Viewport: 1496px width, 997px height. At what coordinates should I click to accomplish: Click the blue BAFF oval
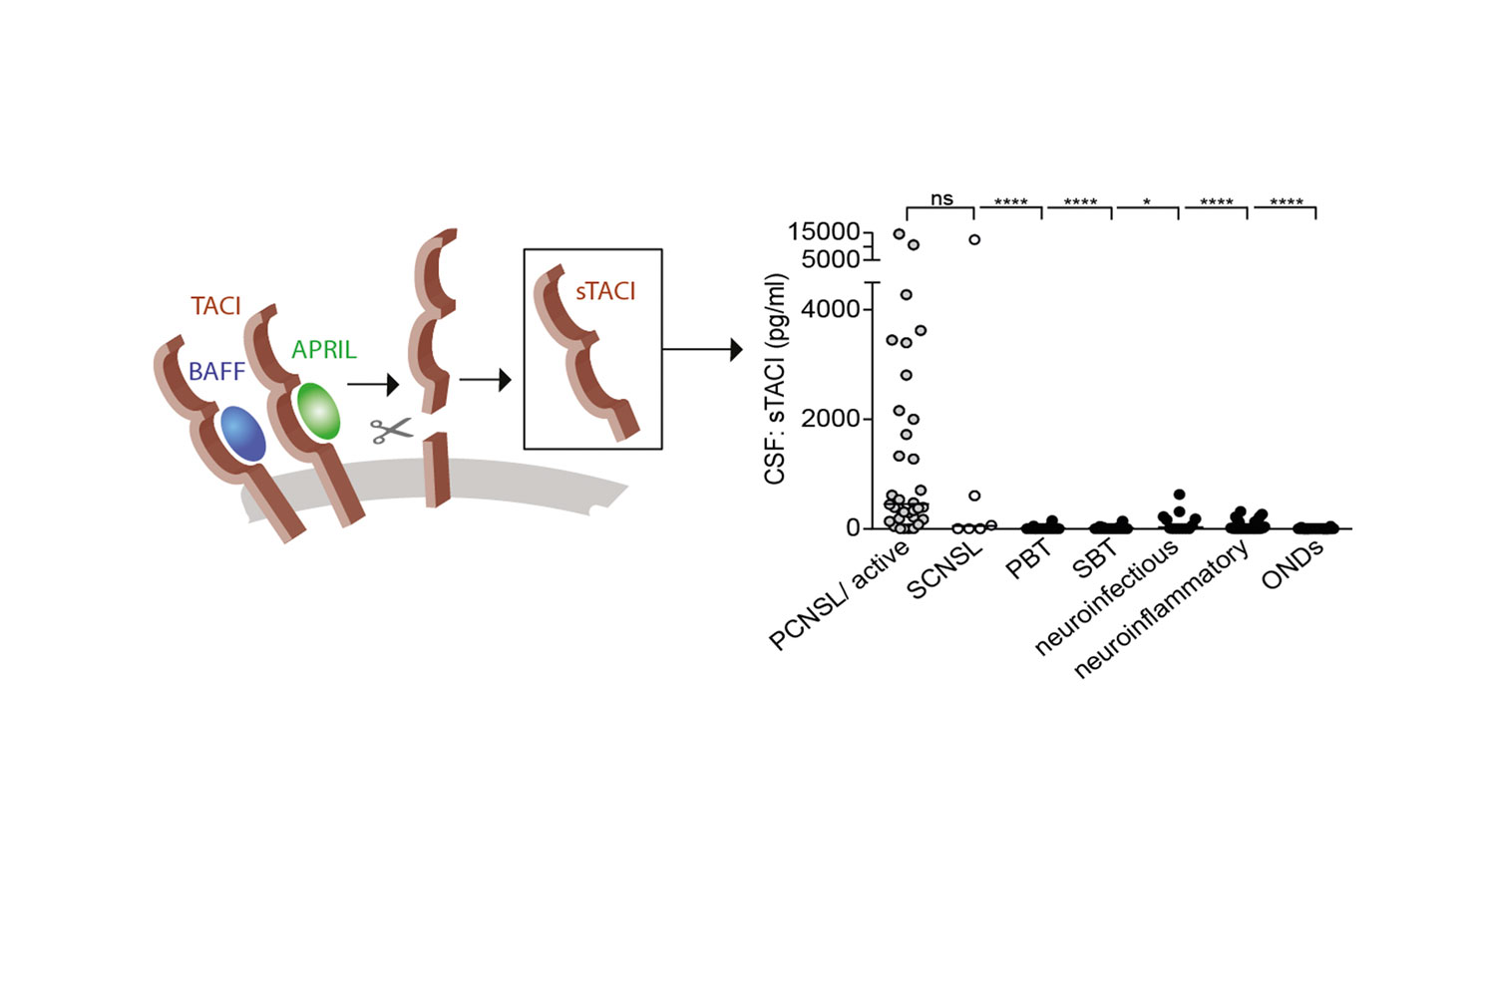[x=243, y=434]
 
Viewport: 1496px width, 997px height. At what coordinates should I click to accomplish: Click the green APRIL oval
[x=318, y=411]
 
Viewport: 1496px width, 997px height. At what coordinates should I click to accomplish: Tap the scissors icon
[x=392, y=431]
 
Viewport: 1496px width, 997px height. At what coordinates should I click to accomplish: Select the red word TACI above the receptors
[x=215, y=306]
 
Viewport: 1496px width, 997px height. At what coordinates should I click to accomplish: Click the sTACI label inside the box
[x=605, y=291]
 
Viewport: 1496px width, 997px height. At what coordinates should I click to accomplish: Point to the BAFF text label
[x=217, y=371]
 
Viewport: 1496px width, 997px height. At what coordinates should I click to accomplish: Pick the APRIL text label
[x=324, y=349]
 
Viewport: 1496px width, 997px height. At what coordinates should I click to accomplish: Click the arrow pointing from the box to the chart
[x=702, y=349]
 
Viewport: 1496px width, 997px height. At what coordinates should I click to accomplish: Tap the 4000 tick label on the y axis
[x=830, y=309]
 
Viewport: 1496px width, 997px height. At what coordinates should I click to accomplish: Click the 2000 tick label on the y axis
[x=830, y=419]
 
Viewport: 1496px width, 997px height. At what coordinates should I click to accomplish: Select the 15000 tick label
[x=824, y=231]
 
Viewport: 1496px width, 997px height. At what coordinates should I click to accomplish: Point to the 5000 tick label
[x=830, y=259]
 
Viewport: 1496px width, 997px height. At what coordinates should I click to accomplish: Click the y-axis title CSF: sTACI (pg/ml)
[x=775, y=379]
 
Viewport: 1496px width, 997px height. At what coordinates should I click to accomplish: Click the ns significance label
[x=941, y=199]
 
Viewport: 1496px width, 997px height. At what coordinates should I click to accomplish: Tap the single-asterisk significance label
[x=1147, y=201]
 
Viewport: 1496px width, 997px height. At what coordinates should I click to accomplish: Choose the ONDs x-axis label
[x=1293, y=564]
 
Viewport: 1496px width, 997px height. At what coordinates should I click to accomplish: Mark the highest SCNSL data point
[x=975, y=239]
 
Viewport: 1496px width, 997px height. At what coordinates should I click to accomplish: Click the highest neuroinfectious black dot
[x=1180, y=495]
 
